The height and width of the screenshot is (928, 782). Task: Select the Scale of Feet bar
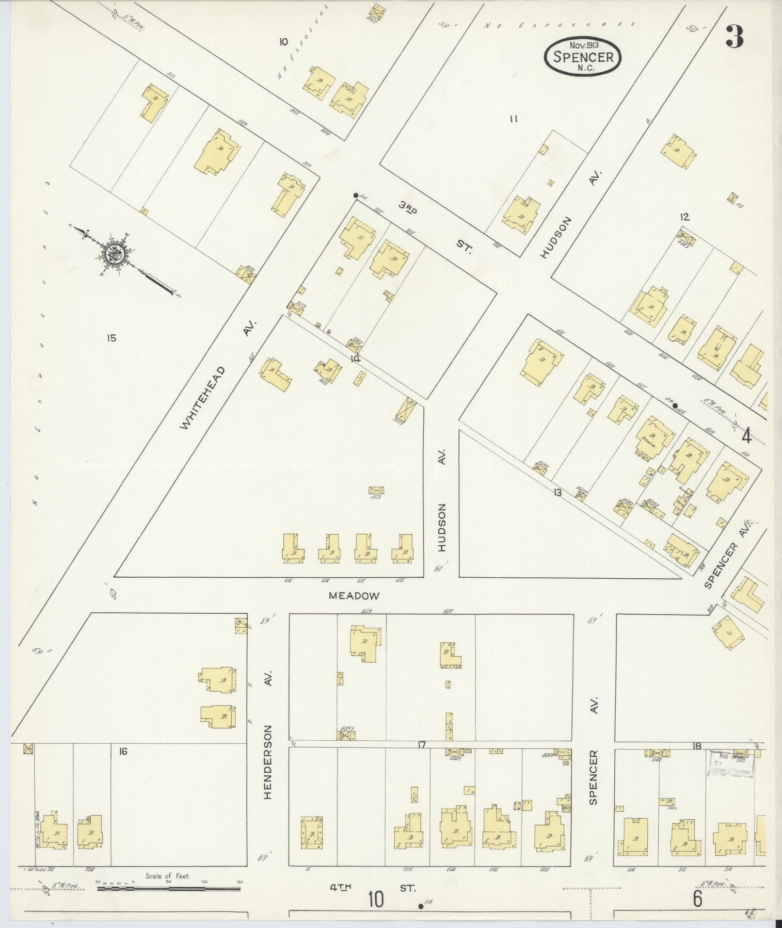tap(169, 889)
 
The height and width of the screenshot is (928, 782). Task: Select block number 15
tap(112, 338)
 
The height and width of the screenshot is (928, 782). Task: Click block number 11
tap(514, 118)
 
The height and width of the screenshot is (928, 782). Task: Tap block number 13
tap(558, 492)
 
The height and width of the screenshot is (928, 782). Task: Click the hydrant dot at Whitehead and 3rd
tap(355, 195)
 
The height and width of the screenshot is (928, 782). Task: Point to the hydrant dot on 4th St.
tap(420, 906)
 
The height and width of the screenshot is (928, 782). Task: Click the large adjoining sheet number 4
tap(746, 437)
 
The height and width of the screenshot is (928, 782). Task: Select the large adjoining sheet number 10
tap(376, 899)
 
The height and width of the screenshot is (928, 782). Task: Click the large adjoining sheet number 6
tap(697, 898)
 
